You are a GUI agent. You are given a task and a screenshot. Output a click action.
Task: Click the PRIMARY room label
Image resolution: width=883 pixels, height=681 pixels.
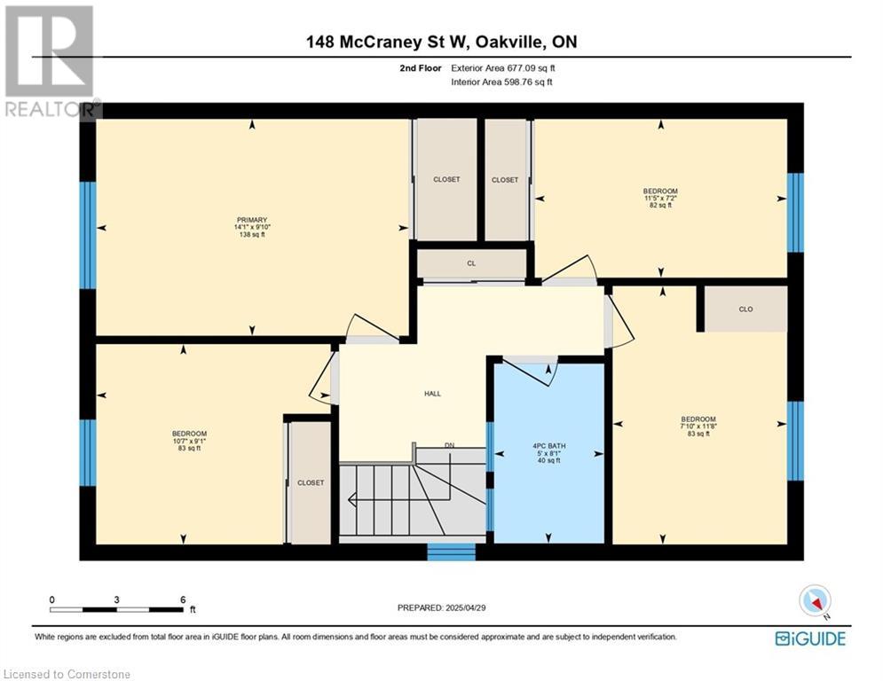pyautogui.click(x=252, y=220)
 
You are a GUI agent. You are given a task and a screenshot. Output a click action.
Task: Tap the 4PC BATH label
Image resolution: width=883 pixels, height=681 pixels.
pyautogui.click(x=549, y=446)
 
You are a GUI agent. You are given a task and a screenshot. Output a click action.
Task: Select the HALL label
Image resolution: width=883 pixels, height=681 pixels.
pyautogui.click(x=432, y=394)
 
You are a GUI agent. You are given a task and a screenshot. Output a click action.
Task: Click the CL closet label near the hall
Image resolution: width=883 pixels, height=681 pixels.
pyautogui.click(x=471, y=263)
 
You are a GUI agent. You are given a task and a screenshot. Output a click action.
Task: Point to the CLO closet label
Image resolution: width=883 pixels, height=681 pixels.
pyautogui.click(x=745, y=309)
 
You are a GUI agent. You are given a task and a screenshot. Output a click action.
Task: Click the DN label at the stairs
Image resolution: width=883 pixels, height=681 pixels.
pyautogui.click(x=449, y=446)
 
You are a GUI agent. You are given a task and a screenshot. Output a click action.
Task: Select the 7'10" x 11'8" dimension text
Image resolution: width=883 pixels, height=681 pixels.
pyautogui.click(x=698, y=427)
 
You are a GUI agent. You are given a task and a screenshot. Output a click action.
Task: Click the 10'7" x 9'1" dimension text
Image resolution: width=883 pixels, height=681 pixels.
pyautogui.click(x=189, y=442)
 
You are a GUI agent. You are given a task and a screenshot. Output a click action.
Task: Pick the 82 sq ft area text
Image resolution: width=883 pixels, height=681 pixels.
pyautogui.click(x=660, y=206)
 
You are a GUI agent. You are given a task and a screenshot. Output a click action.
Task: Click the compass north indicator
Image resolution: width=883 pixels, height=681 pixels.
pyautogui.click(x=816, y=602)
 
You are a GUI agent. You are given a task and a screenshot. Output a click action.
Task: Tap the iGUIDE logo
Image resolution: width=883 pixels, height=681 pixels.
pyautogui.click(x=810, y=638)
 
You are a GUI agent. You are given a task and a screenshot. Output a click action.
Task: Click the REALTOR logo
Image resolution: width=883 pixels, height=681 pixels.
pyautogui.click(x=51, y=62)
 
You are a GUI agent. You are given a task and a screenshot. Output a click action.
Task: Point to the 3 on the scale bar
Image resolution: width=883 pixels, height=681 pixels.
pyautogui.click(x=116, y=600)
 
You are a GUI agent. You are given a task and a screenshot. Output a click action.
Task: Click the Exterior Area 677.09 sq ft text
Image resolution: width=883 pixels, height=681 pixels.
pyautogui.click(x=503, y=68)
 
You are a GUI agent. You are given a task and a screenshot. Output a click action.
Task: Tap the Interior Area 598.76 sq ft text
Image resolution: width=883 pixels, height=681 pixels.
pyautogui.click(x=501, y=82)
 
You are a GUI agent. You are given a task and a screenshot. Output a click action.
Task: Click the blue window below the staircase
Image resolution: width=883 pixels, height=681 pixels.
pyautogui.click(x=451, y=552)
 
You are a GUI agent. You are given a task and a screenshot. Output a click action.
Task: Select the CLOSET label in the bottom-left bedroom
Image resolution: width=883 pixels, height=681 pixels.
pyautogui.click(x=311, y=483)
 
